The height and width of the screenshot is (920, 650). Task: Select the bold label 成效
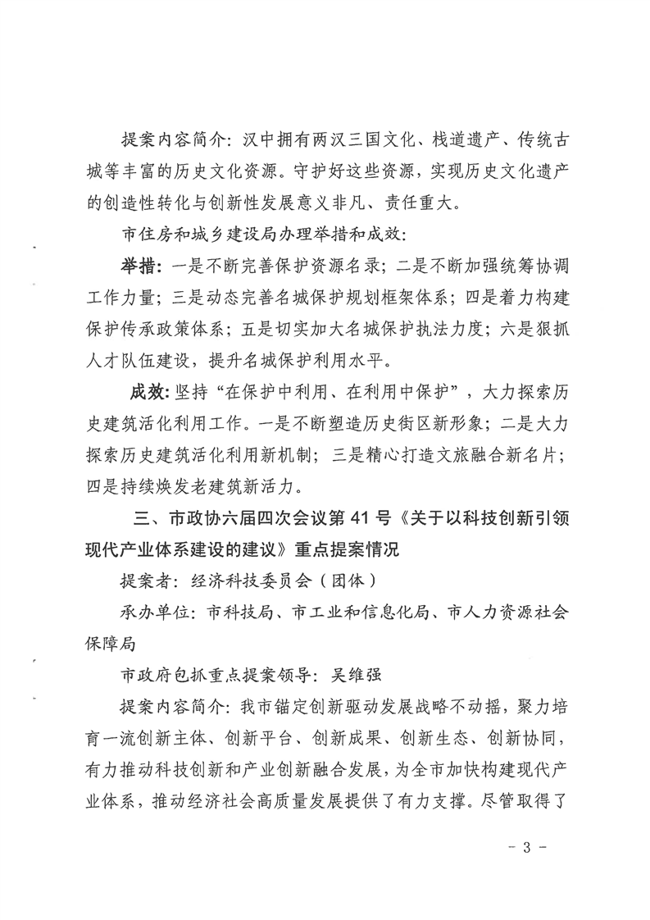coord(148,393)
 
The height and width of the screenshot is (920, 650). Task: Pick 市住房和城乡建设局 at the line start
coord(208,233)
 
